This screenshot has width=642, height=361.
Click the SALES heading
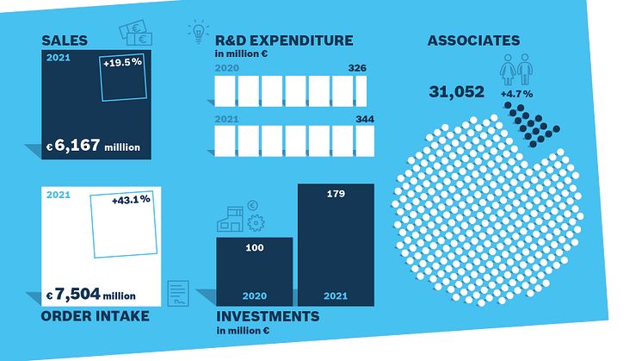[x=65, y=40]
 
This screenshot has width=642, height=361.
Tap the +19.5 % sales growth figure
[x=121, y=63]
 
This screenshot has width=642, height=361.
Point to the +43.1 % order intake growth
[x=131, y=200]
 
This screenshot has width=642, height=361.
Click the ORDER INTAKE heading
[x=94, y=315]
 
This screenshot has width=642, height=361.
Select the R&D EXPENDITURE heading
[x=284, y=40]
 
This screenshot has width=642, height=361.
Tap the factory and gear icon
[x=242, y=217]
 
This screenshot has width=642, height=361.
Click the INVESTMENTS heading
[x=267, y=316]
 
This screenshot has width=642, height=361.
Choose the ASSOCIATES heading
[x=473, y=40]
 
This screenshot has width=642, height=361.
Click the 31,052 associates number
[x=456, y=91]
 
